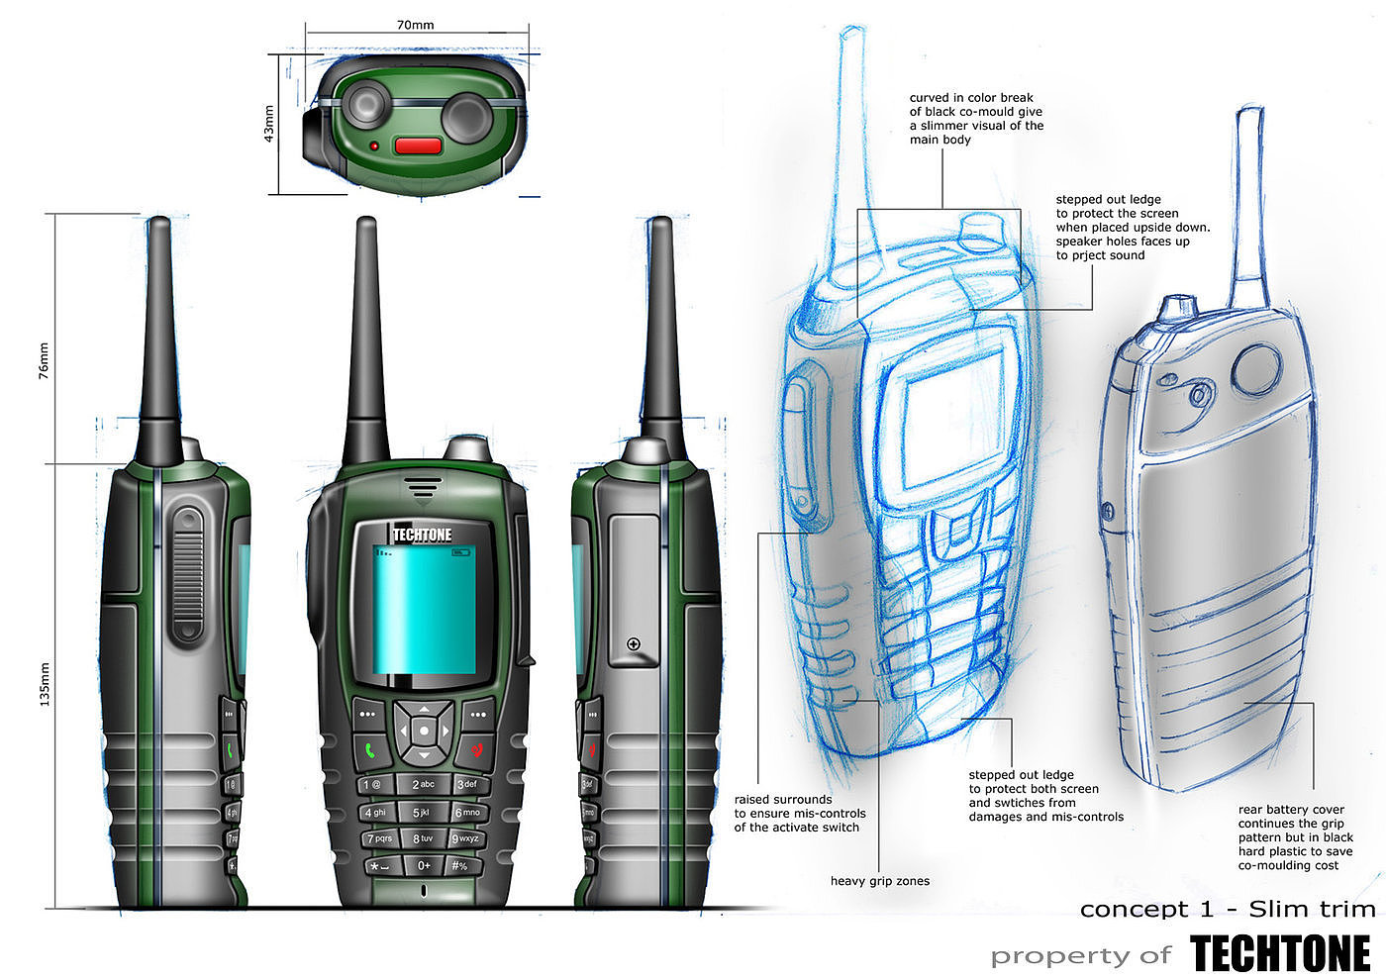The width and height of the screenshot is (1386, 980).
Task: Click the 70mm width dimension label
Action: (x=415, y=25)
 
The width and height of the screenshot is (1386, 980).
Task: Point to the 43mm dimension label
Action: (x=269, y=124)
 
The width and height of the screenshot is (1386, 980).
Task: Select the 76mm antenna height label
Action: (x=44, y=361)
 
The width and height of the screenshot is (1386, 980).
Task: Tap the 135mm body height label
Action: (x=44, y=684)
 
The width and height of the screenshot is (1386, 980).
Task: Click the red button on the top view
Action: (x=418, y=146)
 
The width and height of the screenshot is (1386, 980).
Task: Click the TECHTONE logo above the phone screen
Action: (x=422, y=536)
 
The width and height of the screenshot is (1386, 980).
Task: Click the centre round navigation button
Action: (x=424, y=731)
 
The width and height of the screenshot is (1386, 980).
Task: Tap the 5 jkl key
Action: (x=422, y=813)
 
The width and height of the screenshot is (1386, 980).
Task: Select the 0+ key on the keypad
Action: (x=423, y=865)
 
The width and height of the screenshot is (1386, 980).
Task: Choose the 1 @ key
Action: (x=372, y=785)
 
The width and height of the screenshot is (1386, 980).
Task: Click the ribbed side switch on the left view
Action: (x=187, y=574)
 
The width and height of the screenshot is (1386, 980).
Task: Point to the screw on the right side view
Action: (x=634, y=644)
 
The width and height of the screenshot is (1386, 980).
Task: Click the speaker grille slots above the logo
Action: (x=423, y=487)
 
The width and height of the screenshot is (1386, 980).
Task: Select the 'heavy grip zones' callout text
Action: (x=879, y=881)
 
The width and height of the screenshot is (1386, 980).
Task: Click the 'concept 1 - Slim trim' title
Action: (x=1228, y=909)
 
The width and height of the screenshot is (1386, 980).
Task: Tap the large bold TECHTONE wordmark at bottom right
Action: (x=1280, y=954)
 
